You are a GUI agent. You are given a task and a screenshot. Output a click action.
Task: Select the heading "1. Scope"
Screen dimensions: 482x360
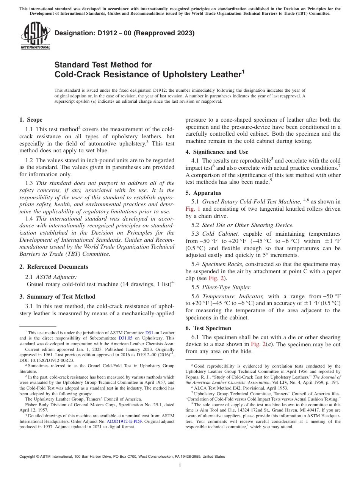tap(31, 120)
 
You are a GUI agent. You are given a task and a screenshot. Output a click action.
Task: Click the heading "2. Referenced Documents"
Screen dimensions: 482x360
tap(53, 267)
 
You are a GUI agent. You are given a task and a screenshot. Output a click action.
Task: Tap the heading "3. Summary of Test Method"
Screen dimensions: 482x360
tap(57, 297)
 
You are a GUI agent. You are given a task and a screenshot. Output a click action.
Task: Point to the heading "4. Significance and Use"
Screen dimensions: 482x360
tap(217, 152)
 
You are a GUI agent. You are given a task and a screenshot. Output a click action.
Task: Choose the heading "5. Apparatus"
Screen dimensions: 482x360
tap(203, 193)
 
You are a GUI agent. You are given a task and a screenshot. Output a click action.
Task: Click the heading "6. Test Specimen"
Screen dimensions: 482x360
tap(208, 328)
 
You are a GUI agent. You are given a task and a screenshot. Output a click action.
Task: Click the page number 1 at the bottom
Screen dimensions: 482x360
tap(180, 466)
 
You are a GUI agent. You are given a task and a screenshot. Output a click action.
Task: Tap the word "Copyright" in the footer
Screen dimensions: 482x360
tap(28, 457)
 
